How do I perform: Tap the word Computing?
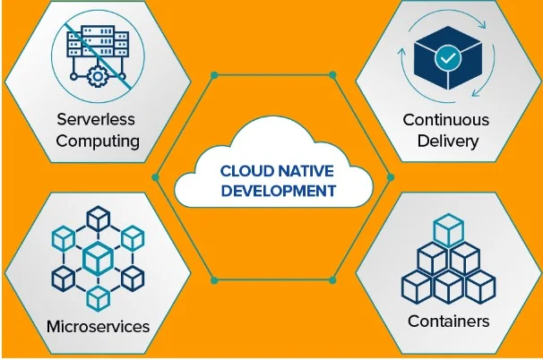pos(98,140)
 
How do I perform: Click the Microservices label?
pos(98,325)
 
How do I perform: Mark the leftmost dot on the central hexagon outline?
pos(155,176)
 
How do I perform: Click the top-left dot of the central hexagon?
pos(213,73)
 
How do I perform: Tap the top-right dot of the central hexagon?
pos(332,73)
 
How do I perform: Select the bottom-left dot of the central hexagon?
pos(213,280)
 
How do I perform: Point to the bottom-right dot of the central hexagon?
pos(332,280)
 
